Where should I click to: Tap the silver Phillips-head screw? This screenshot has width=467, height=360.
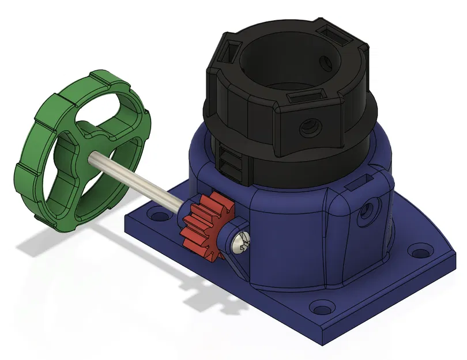click(240, 243)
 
